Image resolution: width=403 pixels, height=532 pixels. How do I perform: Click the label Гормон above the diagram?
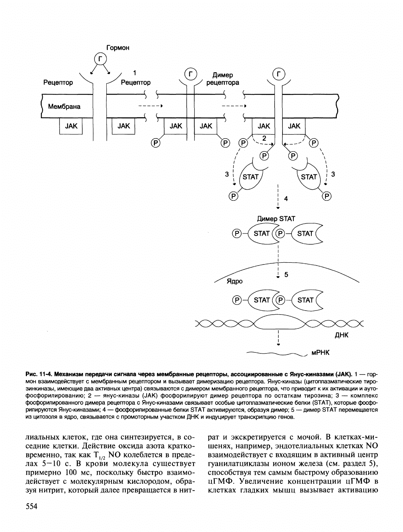117,48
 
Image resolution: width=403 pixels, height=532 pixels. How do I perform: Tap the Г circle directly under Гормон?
100,59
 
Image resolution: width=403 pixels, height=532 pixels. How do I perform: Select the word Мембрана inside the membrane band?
64,107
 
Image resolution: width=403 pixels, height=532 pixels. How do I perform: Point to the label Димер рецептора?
222,79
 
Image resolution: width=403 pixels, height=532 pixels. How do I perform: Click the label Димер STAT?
276,218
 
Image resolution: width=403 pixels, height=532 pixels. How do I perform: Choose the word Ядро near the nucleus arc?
235,281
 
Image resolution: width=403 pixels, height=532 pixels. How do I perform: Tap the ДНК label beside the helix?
341,335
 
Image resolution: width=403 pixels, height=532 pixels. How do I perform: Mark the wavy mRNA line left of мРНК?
277,353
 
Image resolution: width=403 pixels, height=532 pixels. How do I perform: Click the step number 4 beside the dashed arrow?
286,199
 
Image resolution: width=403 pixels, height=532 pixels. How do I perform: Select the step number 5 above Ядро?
286,275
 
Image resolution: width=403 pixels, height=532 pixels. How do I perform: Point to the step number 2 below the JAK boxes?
264,138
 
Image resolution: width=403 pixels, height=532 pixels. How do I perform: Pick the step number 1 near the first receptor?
135,72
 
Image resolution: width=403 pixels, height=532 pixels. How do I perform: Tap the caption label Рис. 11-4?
39,374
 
